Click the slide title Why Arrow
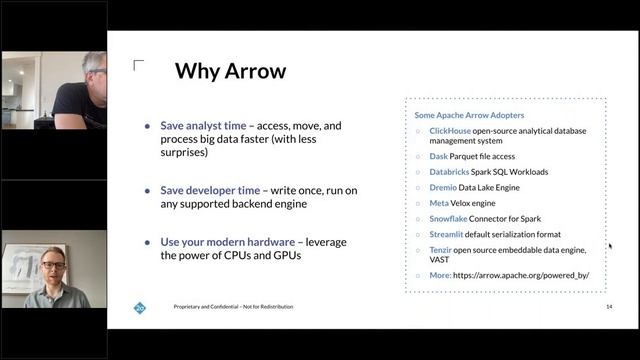click(x=230, y=72)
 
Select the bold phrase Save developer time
click(x=212, y=190)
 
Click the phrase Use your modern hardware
click(x=227, y=242)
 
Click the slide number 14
click(x=608, y=306)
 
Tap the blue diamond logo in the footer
click(x=140, y=307)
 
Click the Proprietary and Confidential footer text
click(x=233, y=307)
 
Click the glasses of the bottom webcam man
click(x=53, y=264)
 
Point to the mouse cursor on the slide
click(x=610, y=246)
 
